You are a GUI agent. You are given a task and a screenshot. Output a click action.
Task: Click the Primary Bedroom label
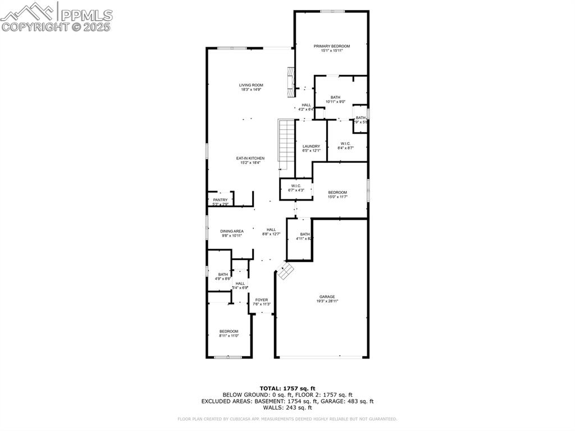(x=331, y=48)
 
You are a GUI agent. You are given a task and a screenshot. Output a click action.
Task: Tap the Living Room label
(x=251, y=87)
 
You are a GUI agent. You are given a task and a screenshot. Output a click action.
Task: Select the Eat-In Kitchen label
(x=250, y=161)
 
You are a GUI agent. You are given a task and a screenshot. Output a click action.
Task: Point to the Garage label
(x=327, y=299)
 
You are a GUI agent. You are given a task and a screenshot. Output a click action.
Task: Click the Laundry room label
(x=311, y=148)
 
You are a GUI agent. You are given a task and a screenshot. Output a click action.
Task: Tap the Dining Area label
(x=231, y=233)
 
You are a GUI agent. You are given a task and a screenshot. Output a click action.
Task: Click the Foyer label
(x=262, y=302)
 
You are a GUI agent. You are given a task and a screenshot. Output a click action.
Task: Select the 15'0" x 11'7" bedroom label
(x=337, y=194)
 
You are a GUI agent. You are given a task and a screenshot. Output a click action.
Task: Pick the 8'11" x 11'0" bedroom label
(x=229, y=333)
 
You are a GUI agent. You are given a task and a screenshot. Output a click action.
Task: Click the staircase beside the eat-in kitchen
(x=287, y=144)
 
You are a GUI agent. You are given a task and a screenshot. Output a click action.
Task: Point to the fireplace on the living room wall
(x=290, y=79)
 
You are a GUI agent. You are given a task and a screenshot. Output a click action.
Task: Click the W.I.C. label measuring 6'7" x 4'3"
(x=296, y=188)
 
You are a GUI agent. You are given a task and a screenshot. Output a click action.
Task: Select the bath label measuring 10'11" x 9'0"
(x=335, y=99)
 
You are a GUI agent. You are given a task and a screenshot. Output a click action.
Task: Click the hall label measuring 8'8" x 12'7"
(x=271, y=232)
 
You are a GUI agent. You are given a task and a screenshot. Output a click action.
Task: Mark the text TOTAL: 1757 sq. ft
(x=287, y=388)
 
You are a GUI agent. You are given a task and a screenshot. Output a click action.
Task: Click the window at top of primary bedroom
(x=332, y=11)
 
